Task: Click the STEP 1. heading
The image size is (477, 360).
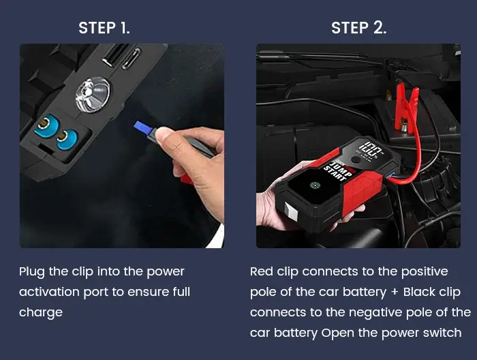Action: pos(104,28)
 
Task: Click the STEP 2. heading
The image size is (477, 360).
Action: pos(358,28)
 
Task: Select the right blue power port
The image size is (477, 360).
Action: pos(65,138)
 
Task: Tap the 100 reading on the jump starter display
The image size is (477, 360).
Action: pos(373,148)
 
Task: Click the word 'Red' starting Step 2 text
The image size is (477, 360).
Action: pos(262,271)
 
